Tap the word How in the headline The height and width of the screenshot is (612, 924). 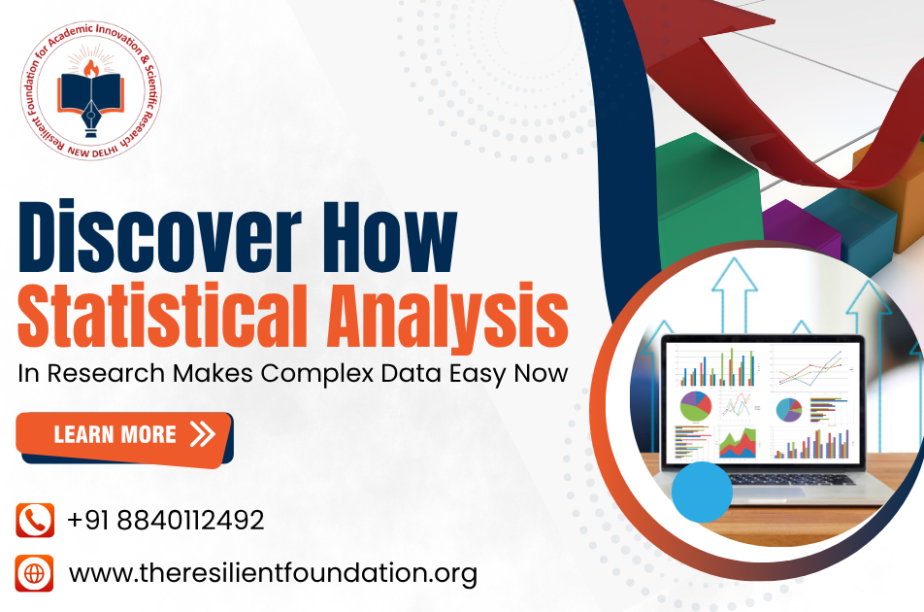(389, 237)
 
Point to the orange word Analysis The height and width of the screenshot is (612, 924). (447, 319)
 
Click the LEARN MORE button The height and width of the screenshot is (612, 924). (124, 437)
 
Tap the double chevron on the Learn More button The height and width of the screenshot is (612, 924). (203, 434)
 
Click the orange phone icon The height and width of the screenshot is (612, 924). (35, 520)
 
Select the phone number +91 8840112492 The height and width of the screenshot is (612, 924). (166, 520)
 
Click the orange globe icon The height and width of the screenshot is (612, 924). (34, 573)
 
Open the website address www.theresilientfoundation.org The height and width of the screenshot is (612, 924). (273, 574)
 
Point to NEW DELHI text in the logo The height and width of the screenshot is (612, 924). (92, 153)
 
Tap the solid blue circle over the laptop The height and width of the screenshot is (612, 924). (702, 492)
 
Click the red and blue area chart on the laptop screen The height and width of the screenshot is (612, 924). (738, 443)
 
